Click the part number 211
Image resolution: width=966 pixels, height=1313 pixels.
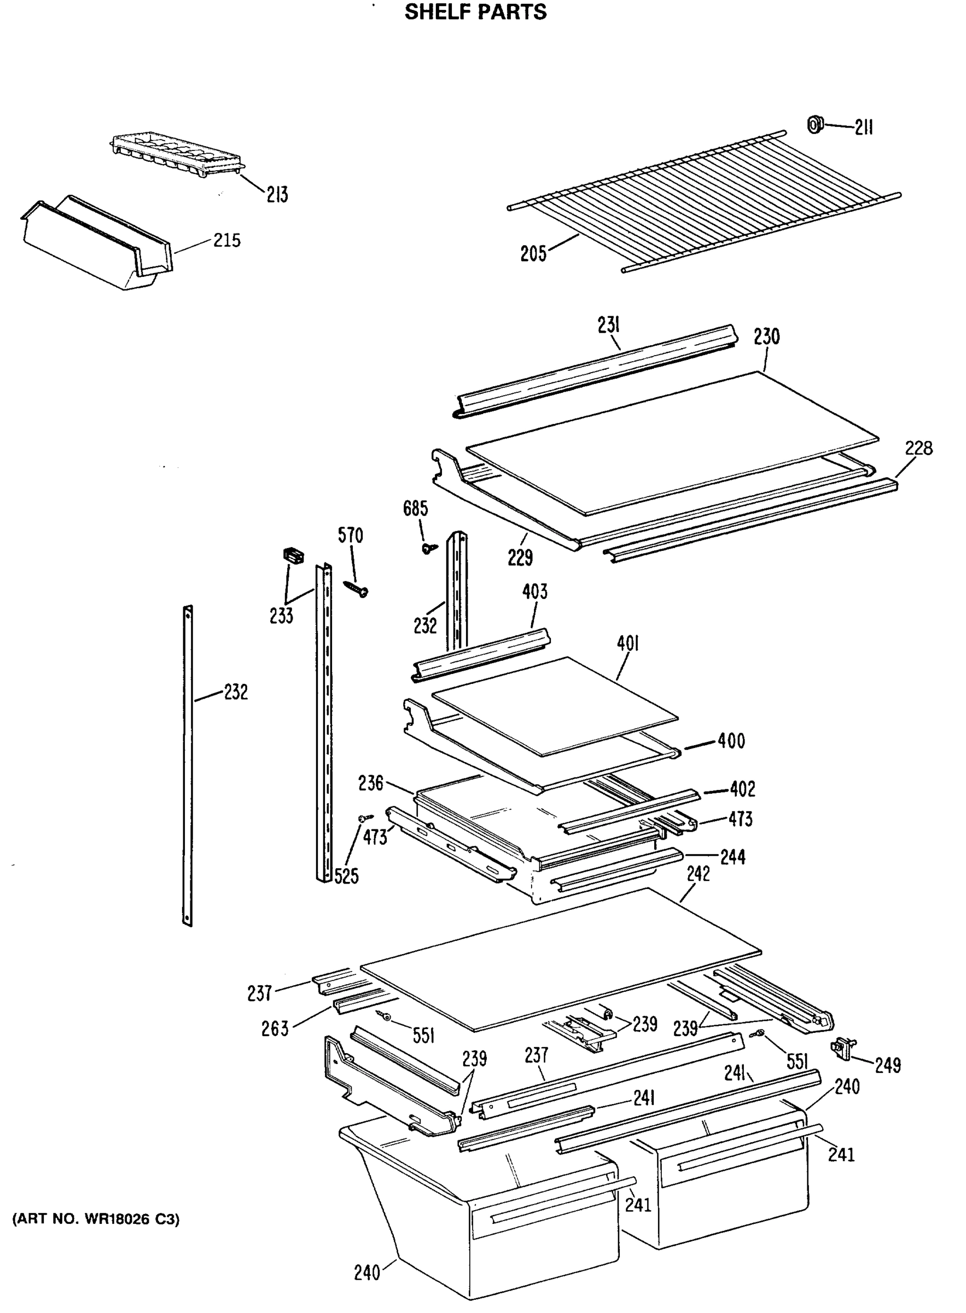coord(864,127)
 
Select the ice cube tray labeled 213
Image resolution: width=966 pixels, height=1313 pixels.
coord(176,153)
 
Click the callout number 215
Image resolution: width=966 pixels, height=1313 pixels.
coord(227,240)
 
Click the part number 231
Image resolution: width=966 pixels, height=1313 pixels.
coord(608,324)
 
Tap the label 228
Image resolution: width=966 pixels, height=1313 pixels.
coord(918,449)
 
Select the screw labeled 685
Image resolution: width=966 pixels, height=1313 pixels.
coord(430,548)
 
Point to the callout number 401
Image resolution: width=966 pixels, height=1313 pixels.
coord(627,644)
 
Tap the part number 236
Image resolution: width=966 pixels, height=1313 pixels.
coord(371,782)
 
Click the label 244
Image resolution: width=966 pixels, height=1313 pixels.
coord(732,857)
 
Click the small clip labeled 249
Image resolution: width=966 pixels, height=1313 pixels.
coord(841,1047)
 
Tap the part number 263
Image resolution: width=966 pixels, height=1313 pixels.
coord(275,1029)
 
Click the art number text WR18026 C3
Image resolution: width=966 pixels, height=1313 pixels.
coord(96,1219)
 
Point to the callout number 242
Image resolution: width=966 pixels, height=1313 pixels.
coord(698,874)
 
